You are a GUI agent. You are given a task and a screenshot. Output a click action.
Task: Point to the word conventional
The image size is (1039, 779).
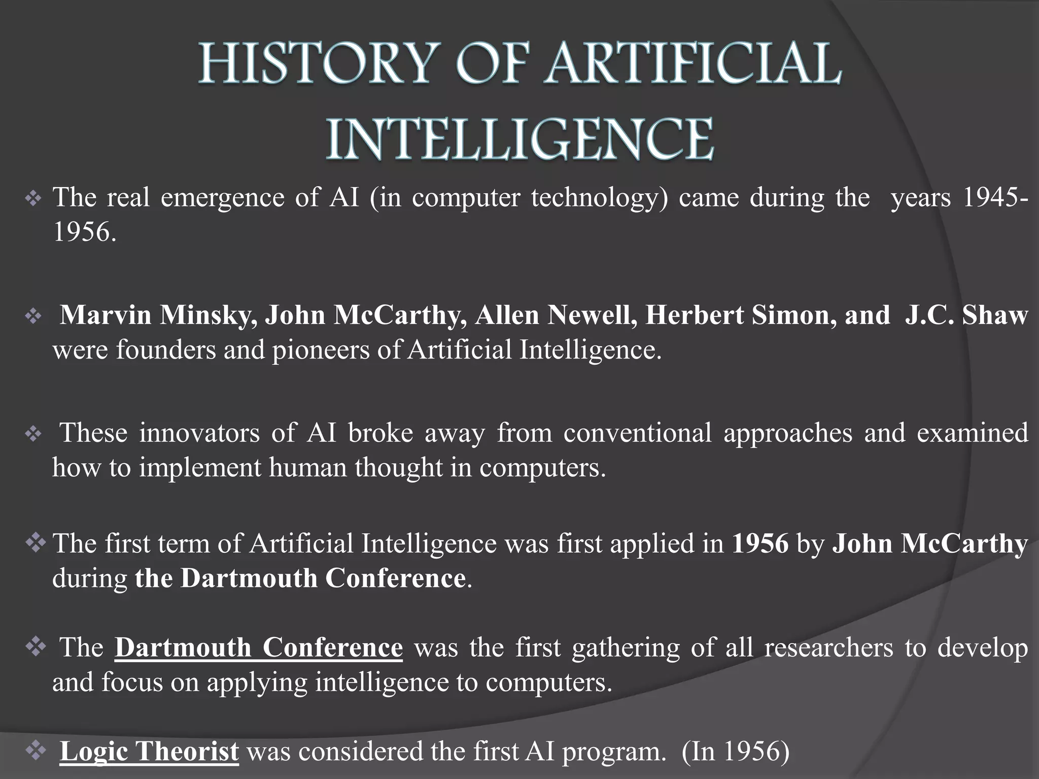click(637, 433)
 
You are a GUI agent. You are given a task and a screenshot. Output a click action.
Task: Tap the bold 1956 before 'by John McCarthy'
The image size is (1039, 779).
click(760, 544)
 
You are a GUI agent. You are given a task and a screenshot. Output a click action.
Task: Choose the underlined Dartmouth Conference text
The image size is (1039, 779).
click(259, 648)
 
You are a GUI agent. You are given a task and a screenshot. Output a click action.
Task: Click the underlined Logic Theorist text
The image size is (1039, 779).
click(149, 751)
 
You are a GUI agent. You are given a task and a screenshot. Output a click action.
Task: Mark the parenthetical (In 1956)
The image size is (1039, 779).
click(736, 751)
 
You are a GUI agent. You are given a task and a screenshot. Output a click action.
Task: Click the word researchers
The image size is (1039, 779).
click(828, 648)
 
